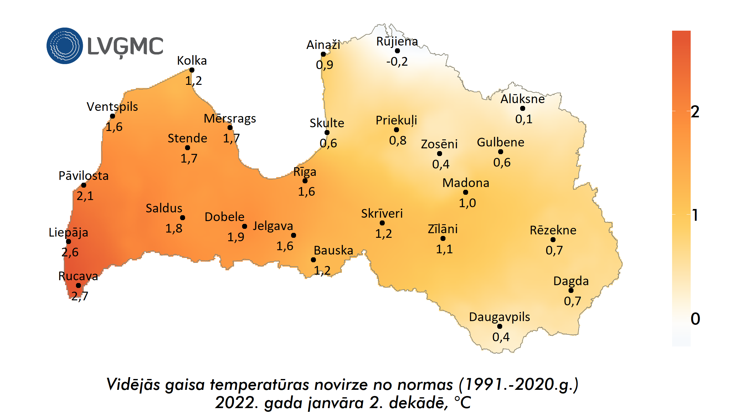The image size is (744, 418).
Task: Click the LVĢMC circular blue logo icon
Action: pos(64,46)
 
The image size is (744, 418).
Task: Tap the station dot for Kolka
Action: pos(192,70)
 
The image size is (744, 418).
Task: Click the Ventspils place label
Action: pos(112,107)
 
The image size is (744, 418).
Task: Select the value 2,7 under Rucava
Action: pos(80,296)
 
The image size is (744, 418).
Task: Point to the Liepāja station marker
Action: pos(69,242)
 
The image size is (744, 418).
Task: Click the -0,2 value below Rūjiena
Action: pos(397,62)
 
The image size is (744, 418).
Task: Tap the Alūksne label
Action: pos(523,99)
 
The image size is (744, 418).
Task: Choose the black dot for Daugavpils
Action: pos(500,326)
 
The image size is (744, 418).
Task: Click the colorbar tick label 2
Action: pos(695,112)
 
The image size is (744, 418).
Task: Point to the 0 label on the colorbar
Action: pos(695,319)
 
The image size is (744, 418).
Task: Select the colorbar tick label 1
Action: pos(695,215)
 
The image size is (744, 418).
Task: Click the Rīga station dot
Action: pos(305,181)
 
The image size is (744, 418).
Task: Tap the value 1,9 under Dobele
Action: pos(236,237)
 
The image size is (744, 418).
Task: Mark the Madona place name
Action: pos(466,183)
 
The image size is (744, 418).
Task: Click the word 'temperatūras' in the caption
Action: pos(259,385)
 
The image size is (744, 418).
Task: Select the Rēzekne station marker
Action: pos(553,240)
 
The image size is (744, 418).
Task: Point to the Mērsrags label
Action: pos(230,119)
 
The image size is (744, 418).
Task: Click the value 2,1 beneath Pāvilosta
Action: pos(85,196)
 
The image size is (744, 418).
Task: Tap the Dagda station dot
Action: pos(571,290)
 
